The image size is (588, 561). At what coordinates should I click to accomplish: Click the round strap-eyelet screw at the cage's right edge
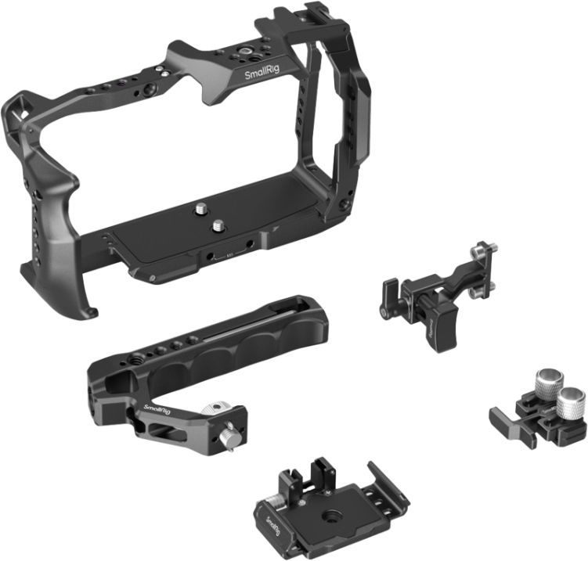(345, 205)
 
